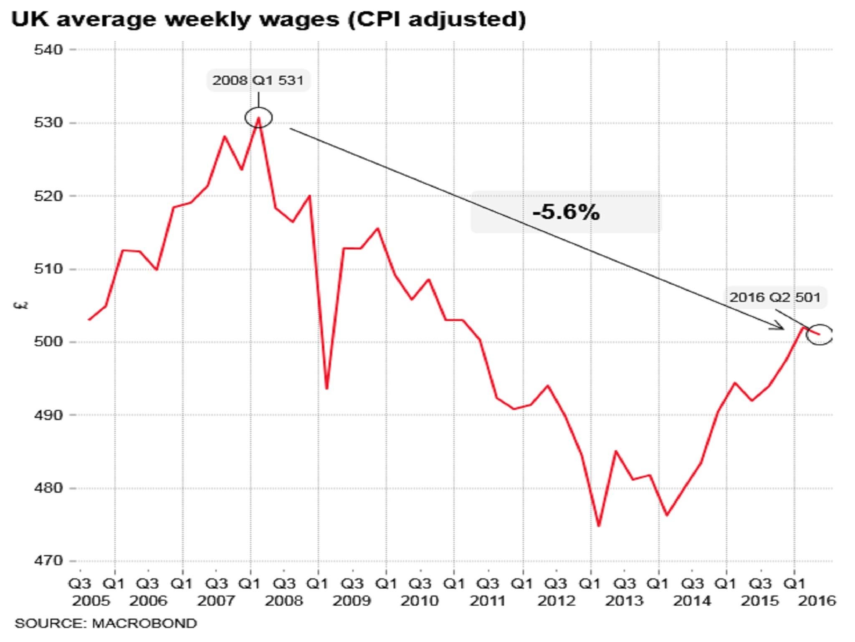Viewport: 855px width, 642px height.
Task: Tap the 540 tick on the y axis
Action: point(48,50)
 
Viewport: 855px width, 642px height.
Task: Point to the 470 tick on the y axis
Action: point(48,560)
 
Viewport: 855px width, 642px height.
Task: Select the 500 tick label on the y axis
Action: point(48,341)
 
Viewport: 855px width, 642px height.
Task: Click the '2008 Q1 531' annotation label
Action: point(258,80)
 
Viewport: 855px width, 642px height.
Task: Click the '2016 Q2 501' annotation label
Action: point(775,297)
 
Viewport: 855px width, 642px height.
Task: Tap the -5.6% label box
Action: point(566,212)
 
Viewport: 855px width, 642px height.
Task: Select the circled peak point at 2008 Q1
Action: point(258,117)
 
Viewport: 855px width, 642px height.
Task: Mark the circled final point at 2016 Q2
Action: point(819,334)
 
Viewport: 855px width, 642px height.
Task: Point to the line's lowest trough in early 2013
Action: point(599,525)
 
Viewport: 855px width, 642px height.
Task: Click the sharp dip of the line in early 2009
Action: point(326,388)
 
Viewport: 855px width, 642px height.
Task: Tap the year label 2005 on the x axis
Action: point(91,601)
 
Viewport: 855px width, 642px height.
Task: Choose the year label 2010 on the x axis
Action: point(420,601)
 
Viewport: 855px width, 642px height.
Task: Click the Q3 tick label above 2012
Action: point(557,583)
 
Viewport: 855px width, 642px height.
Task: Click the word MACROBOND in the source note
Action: point(144,623)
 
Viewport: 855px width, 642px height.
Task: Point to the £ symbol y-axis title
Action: point(21,306)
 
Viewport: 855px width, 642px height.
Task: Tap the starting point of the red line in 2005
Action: point(89,320)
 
